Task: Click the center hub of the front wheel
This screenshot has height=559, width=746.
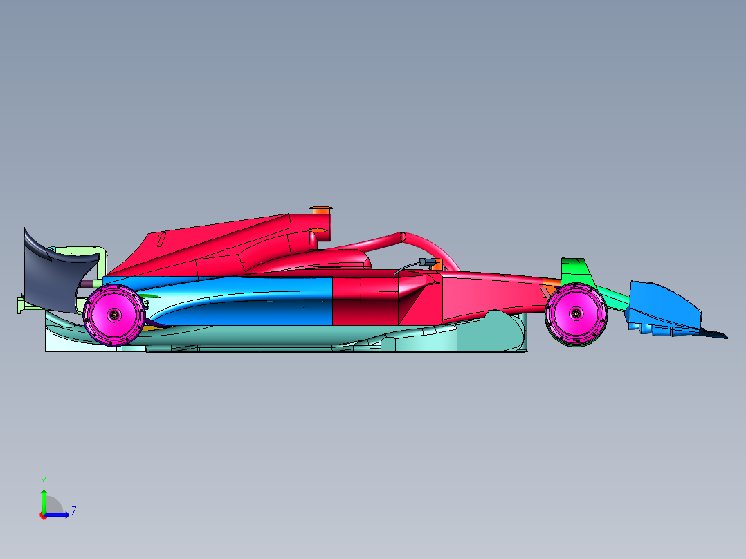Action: (576, 313)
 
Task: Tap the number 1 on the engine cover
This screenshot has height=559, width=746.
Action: (161, 240)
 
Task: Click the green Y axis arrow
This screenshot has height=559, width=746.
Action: (43, 497)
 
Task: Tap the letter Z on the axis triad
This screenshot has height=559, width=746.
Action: (73, 511)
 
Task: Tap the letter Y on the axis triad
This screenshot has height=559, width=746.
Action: (43, 480)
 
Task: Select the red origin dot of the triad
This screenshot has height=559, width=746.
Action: (43, 515)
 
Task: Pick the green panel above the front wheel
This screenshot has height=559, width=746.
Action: (574, 270)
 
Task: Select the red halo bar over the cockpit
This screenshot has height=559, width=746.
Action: (429, 246)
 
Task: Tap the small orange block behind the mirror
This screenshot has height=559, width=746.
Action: (437, 264)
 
